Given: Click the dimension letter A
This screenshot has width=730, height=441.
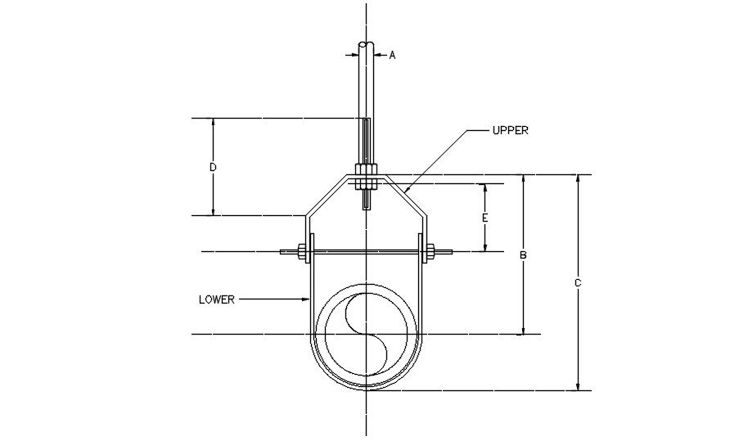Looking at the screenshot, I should pyautogui.click(x=392, y=55).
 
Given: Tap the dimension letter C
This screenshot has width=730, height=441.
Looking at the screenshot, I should pyautogui.click(x=578, y=283).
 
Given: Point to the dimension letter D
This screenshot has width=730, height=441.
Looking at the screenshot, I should pyautogui.click(x=213, y=167).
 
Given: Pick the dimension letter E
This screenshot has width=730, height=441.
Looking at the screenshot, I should pyautogui.click(x=484, y=218).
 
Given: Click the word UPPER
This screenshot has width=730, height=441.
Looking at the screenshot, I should pyautogui.click(x=510, y=130).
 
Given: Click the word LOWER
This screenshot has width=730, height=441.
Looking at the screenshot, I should pyautogui.click(x=217, y=299).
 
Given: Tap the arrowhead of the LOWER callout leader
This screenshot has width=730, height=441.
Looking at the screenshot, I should pyautogui.click(x=304, y=299).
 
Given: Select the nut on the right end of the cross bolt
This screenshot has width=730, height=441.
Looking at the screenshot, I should pyautogui.click(x=428, y=251).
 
